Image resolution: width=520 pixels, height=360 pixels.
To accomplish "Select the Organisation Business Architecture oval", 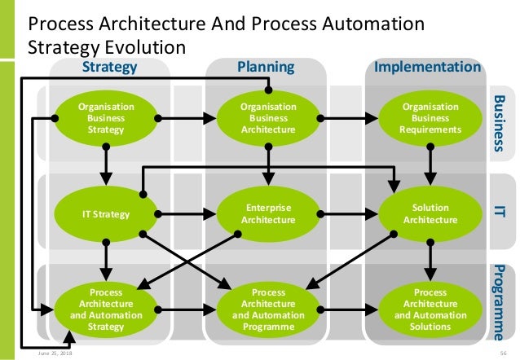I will [x=267, y=117].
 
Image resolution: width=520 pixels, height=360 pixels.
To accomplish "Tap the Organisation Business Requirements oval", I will [x=430, y=117].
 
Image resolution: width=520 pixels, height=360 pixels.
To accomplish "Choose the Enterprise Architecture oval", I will [x=267, y=215].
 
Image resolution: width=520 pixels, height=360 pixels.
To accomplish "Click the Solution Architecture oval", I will [x=430, y=215].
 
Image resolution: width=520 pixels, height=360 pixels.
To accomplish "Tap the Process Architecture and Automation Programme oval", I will [x=267, y=309].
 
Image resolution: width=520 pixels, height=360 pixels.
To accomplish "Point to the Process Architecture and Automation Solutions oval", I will [x=430, y=309].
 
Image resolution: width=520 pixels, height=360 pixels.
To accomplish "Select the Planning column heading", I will [x=265, y=66].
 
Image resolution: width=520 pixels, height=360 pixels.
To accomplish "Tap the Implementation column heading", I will [x=427, y=66].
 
